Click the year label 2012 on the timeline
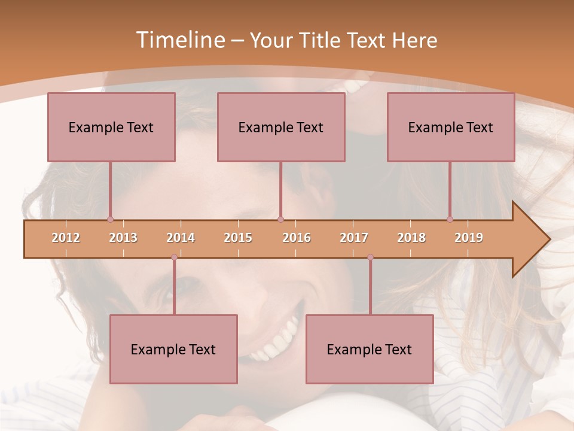point(66,238)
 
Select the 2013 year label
point(123,238)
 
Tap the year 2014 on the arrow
point(181,238)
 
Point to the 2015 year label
point(238,238)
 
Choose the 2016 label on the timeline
point(297,238)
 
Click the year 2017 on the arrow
point(354,238)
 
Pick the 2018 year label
point(411,238)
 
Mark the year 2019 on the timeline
point(469,238)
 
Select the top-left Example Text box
point(111,127)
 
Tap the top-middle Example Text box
point(281,127)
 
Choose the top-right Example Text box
point(451,127)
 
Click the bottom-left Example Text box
point(173,349)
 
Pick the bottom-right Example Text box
point(370,349)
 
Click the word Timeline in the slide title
point(180,40)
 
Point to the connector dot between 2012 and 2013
point(110,220)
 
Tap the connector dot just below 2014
point(174,257)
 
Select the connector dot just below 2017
point(370,257)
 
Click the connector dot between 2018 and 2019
point(450,220)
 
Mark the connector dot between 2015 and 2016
point(280,220)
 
